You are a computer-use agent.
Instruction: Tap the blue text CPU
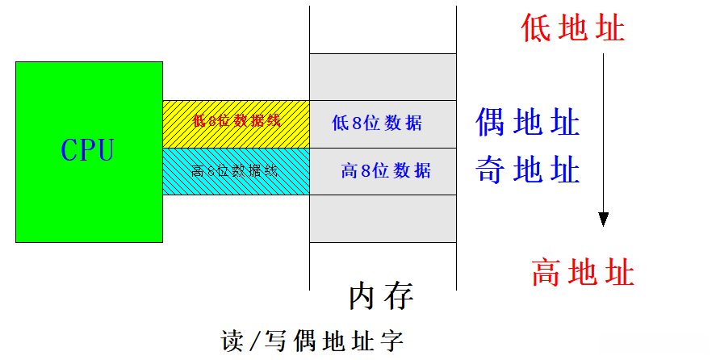coord(88,150)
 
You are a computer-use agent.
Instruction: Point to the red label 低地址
coord(573,29)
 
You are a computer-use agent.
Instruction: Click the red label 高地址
coord(583,273)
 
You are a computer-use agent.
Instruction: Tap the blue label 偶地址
coord(528,123)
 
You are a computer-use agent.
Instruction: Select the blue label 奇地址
coord(528,170)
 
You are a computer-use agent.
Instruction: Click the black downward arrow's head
coord(603,219)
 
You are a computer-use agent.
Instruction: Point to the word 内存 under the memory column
coord(382,297)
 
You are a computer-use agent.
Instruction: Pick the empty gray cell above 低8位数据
coord(383,77)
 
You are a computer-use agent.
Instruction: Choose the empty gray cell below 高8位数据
coord(383,219)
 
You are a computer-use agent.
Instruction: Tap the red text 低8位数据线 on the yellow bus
coord(236,122)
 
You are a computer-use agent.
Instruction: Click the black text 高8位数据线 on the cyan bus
coord(235,171)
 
